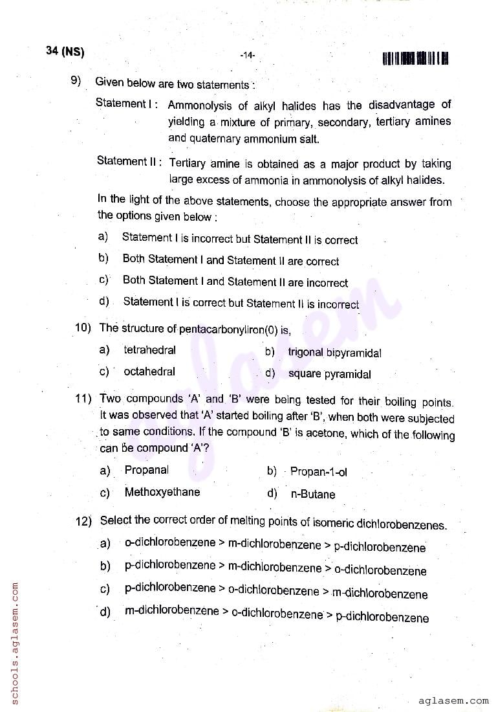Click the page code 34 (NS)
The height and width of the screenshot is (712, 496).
pos(65,52)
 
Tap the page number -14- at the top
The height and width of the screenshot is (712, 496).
pos(247,56)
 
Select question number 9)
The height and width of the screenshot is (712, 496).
pos(76,81)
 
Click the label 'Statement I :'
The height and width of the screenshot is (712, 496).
pos(127,103)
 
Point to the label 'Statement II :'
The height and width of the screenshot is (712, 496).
pos(129,161)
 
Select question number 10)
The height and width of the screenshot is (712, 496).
pos(83,328)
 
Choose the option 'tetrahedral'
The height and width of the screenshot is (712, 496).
pos(149,350)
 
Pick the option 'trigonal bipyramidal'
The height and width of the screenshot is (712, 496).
pos(334,353)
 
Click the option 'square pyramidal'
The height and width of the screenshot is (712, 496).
pos(329,373)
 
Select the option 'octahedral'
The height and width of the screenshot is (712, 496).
pos(149,372)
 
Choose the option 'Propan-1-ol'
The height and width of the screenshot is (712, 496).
pos(318,472)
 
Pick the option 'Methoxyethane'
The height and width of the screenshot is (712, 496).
pos(162,492)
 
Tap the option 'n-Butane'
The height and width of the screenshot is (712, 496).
pos(312,495)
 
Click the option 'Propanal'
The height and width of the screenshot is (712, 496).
pos(147,470)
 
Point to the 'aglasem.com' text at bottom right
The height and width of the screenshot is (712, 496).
pos(453,700)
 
